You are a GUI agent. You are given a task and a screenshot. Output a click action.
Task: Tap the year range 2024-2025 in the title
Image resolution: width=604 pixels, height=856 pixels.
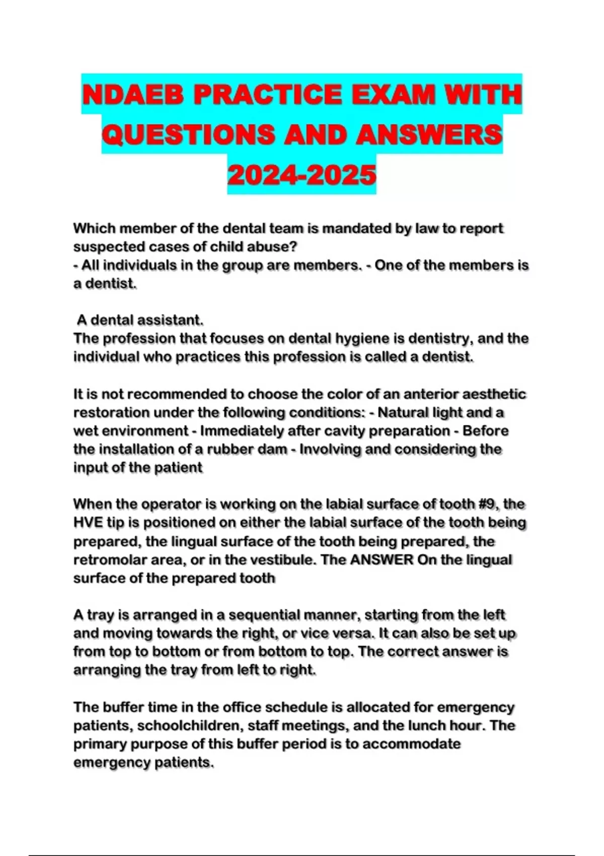pyautogui.click(x=302, y=175)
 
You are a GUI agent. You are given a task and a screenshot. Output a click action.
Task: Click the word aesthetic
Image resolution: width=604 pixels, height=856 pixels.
pyautogui.click(x=494, y=394)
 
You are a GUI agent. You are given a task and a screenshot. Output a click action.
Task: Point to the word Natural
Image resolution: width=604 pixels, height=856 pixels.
pyautogui.click(x=404, y=412)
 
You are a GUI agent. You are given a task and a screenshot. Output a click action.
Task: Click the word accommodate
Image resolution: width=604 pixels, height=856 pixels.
pyautogui.click(x=411, y=744)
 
